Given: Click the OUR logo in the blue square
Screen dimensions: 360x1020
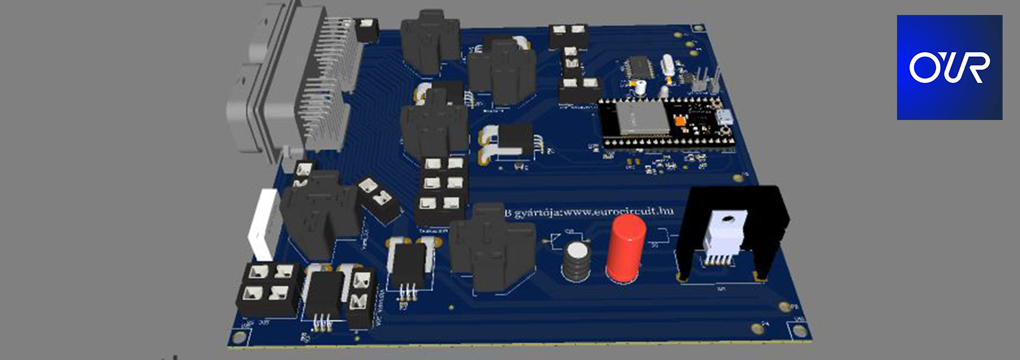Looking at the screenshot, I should coord(949,67).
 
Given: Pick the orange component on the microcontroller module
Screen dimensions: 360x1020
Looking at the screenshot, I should coord(680,121).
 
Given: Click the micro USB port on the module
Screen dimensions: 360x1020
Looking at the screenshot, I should coord(724,116).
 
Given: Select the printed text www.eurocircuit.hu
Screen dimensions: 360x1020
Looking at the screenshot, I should coord(618,212).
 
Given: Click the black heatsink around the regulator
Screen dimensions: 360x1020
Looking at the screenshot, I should coord(774,222).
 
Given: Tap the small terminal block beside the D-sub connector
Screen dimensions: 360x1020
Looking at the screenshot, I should coord(367,29).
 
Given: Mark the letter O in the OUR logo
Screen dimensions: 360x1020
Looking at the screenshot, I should coord(924,68).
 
